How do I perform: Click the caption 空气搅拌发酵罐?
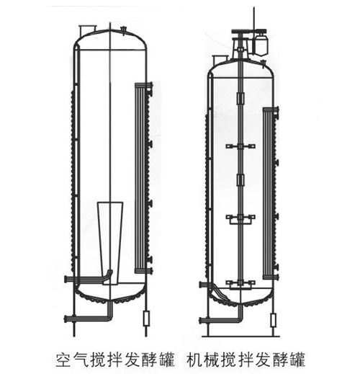[115, 360]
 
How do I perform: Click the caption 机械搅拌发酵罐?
[246, 360]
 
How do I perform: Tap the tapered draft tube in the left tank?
[110, 243]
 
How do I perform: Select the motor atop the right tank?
[261, 44]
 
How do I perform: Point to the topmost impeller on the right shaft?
[240, 146]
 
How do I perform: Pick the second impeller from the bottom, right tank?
[240, 219]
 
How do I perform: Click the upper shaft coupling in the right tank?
[240, 98]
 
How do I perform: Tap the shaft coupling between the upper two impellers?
[240, 180]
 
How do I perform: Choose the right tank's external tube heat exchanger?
[271, 193]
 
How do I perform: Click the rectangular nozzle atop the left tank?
[87, 30]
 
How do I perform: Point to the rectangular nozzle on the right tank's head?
[220, 59]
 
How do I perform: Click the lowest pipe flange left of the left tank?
[66, 319]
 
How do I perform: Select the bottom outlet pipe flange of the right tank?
[201, 320]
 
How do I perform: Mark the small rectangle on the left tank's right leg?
[146, 318]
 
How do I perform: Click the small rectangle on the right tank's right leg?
[273, 320]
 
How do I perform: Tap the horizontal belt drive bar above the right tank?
[249, 31]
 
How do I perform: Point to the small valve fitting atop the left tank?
[124, 30]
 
